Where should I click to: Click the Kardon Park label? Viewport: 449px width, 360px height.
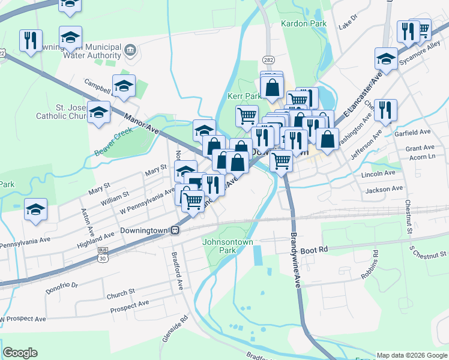point(303,23)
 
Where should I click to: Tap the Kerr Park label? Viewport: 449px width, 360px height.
point(244,96)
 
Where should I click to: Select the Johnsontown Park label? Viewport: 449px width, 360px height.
point(226,246)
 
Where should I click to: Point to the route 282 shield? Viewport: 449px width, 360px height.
point(268,59)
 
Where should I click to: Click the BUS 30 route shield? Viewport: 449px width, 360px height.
point(103,255)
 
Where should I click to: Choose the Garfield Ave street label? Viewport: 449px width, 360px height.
point(413,132)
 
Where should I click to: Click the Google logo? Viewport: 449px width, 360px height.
point(20,353)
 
